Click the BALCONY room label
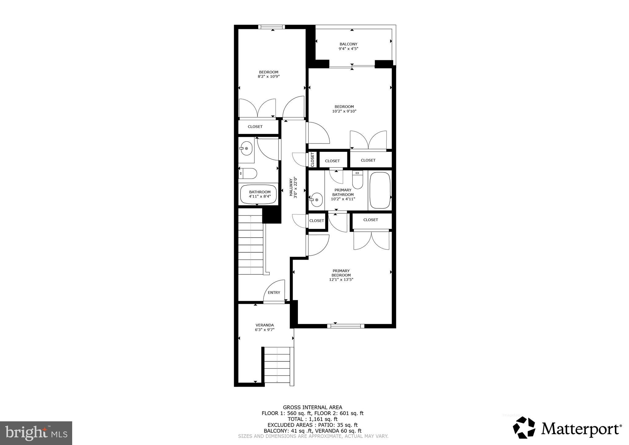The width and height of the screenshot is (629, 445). pos(348,44)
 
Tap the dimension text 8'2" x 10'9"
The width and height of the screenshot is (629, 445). pos(268,77)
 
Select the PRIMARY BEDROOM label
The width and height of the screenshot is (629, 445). pos(341,273)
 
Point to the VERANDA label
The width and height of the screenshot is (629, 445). pos(264,325)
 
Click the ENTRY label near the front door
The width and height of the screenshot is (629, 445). pos(274,293)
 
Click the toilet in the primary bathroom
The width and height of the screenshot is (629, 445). pos(357,180)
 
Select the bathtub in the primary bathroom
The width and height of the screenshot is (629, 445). pos(380,191)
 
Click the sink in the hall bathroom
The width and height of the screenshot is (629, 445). pos(246,148)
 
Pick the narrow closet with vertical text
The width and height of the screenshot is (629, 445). pos(312,159)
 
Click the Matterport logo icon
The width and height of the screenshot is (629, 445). pos(524,427)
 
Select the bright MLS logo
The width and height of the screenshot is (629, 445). pos(36,433)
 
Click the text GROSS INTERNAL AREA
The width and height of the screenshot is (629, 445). pos(312,408)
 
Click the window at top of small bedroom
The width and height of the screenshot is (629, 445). pos(272,27)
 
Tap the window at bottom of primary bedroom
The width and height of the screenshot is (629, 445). pos(346,326)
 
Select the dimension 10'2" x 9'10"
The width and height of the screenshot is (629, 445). pos(344,111)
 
